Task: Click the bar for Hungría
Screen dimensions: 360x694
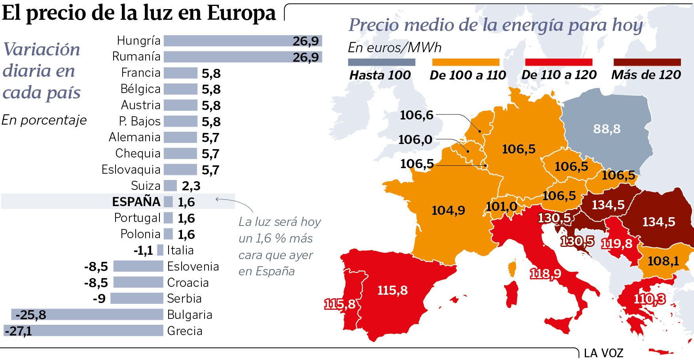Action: pos(243,41)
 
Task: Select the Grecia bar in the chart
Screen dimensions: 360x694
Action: pos(83,331)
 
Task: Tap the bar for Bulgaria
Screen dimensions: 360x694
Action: pos(87,315)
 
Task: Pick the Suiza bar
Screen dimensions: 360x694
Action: pos(170,186)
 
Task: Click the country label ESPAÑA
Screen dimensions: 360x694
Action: pos(136,202)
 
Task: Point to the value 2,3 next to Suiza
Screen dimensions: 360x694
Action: pos(191,186)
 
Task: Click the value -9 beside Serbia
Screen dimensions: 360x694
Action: pos(99,299)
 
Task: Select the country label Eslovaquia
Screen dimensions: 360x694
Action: pos(131,170)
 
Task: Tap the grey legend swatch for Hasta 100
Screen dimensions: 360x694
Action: pos(381,62)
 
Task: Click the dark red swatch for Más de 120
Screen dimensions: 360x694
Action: pos(647,62)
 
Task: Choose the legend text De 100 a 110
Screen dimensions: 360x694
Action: pos(468,75)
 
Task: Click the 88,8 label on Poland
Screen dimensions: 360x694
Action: pos(607,129)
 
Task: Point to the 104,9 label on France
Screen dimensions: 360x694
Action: pos(448,210)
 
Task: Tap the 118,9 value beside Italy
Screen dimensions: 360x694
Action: pos(545,274)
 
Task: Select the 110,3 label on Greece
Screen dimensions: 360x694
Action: pos(649,299)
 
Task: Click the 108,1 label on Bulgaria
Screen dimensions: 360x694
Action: pos(663,261)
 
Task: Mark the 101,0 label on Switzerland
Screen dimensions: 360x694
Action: pos(501,206)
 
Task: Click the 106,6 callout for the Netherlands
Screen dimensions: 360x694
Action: pos(417,115)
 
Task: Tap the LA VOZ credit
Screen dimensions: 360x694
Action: pos(603,353)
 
